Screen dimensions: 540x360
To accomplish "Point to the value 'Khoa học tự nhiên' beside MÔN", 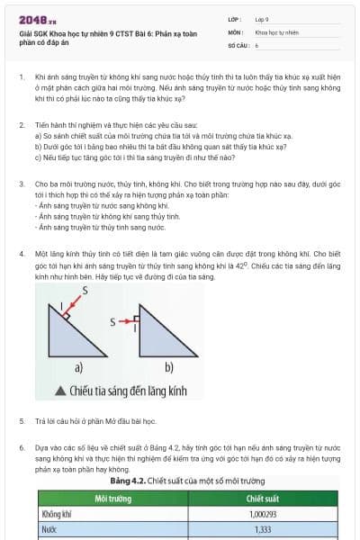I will point(276,31).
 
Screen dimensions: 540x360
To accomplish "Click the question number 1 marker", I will point(20,78).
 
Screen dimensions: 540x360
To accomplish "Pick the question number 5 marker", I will point(20,420).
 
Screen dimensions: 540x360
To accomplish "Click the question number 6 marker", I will point(20,446).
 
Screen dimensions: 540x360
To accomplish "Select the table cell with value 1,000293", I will point(262,515).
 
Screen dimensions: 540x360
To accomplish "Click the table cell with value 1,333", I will point(262,531).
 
